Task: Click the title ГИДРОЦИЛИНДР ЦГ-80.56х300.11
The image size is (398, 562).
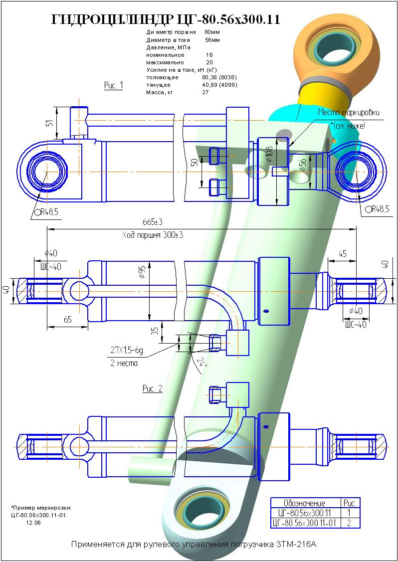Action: pyautogui.click(x=166, y=20)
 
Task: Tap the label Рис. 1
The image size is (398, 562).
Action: pyautogui.click(x=113, y=85)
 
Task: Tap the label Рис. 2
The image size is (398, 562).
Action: pyautogui.click(x=152, y=388)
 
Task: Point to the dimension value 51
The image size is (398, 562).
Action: pyautogui.click(x=49, y=123)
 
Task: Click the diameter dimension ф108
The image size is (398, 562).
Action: pyautogui.click(x=269, y=156)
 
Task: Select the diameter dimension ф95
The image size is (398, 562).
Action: pyautogui.click(x=143, y=272)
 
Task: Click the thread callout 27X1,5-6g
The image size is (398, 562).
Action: pyautogui.click(x=127, y=351)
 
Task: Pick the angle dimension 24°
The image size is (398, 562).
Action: pyautogui.click(x=201, y=361)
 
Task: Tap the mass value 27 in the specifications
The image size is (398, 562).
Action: pyautogui.click(x=205, y=92)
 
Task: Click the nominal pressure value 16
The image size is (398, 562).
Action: pyautogui.click(x=209, y=55)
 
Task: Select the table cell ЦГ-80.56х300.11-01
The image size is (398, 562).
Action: pyautogui.click(x=304, y=523)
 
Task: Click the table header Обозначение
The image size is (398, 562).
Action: pyautogui.click(x=304, y=503)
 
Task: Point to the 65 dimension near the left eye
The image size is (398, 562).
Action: pyautogui.click(x=67, y=320)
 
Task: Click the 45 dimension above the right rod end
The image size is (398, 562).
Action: pyautogui.click(x=342, y=253)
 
